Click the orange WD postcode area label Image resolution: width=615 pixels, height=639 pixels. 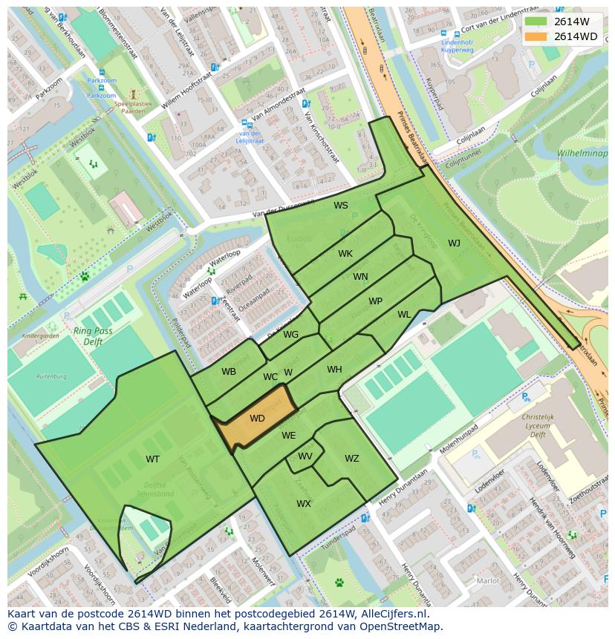coord(257,419)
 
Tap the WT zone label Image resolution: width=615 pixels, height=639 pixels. coord(152,459)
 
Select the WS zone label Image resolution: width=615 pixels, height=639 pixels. coord(340,206)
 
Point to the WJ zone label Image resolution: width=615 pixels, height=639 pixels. coord(454,243)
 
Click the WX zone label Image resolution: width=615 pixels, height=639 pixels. coord(303,504)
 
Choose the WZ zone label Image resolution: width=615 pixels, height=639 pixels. coord(351,459)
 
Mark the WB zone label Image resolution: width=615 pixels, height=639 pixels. coord(229,371)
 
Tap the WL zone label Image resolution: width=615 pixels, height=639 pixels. coord(404,315)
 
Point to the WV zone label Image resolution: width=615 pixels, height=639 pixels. coord(305,456)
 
